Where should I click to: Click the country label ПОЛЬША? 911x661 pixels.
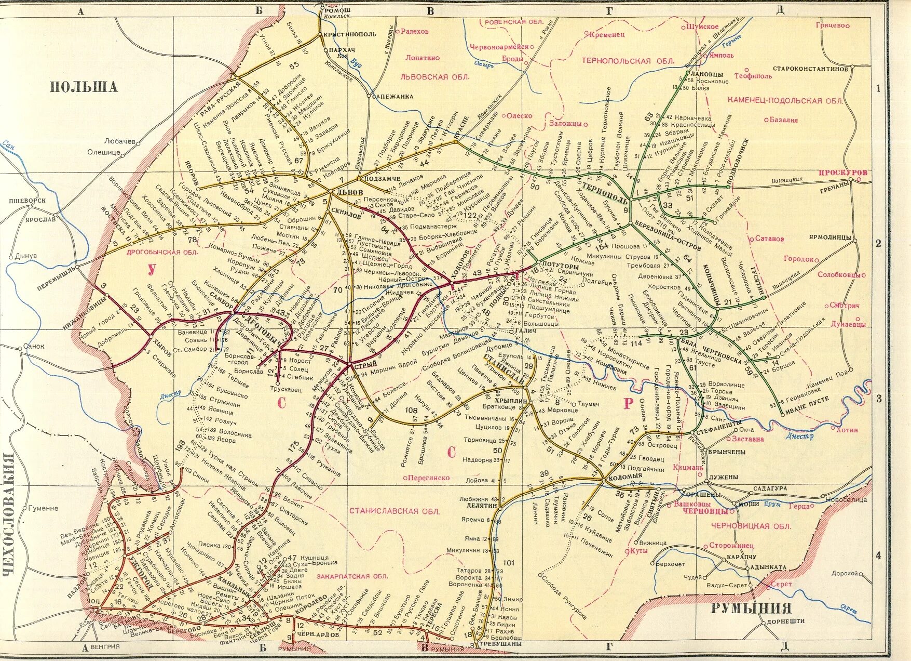[84, 86]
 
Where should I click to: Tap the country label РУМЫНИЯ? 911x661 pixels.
[751, 608]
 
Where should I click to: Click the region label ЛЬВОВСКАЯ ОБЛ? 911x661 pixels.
[435, 77]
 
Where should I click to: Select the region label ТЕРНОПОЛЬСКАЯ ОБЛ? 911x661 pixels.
[628, 61]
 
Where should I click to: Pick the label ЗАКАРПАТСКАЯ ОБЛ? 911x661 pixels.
[352, 576]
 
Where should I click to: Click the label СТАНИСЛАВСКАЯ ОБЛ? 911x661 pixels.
[394, 511]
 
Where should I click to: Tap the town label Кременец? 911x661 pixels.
[607, 34]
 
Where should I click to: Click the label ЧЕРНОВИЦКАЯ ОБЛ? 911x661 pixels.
[751, 526]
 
